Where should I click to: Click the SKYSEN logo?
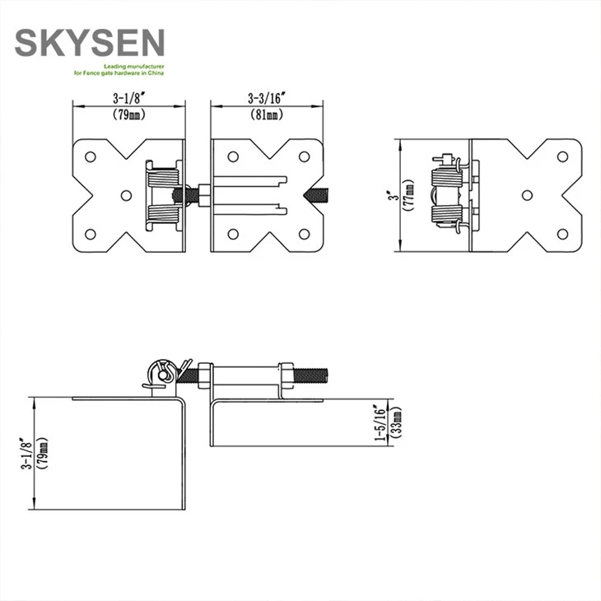pyautogui.click(x=90, y=43)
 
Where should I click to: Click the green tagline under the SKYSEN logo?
pyautogui.click(x=119, y=70)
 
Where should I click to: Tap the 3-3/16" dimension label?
pyautogui.click(x=267, y=98)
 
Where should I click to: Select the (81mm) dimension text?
pyautogui.click(x=267, y=114)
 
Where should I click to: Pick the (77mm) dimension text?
pyautogui.click(x=409, y=195)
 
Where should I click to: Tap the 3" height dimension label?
pyautogui.click(x=395, y=195)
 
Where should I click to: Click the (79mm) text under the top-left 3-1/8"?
pyautogui.click(x=129, y=114)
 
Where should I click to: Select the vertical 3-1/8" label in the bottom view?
pyautogui.click(x=26, y=454)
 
